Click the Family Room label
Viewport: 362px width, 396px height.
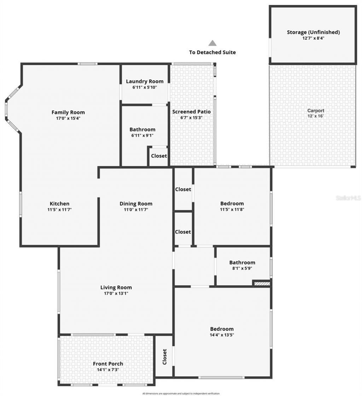(x=68, y=112)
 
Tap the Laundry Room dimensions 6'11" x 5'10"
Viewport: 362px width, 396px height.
(x=145, y=87)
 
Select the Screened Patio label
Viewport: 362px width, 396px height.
(x=191, y=112)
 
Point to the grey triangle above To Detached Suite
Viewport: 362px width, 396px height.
(x=212, y=43)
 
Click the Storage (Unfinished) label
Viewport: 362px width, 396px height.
(x=313, y=32)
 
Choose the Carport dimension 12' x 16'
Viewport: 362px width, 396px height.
(x=315, y=116)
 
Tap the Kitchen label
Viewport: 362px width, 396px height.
(x=59, y=203)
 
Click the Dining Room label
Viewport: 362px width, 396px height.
(x=136, y=203)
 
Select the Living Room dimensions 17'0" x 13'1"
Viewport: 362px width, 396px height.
(x=116, y=293)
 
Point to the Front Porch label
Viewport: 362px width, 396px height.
(x=108, y=364)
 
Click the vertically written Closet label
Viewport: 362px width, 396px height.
(x=164, y=357)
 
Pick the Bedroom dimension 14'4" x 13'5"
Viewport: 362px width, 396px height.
(x=222, y=335)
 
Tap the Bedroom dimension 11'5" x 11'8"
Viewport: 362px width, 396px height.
(x=232, y=209)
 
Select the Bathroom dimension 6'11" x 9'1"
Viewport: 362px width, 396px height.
(x=142, y=135)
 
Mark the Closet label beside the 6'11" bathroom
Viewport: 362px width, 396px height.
(x=159, y=156)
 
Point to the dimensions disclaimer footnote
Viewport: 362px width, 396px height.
(x=181, y=393)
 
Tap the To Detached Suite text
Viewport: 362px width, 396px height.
(x=212, y=52)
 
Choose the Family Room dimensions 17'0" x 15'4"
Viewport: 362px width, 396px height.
(x=68, y=118)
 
